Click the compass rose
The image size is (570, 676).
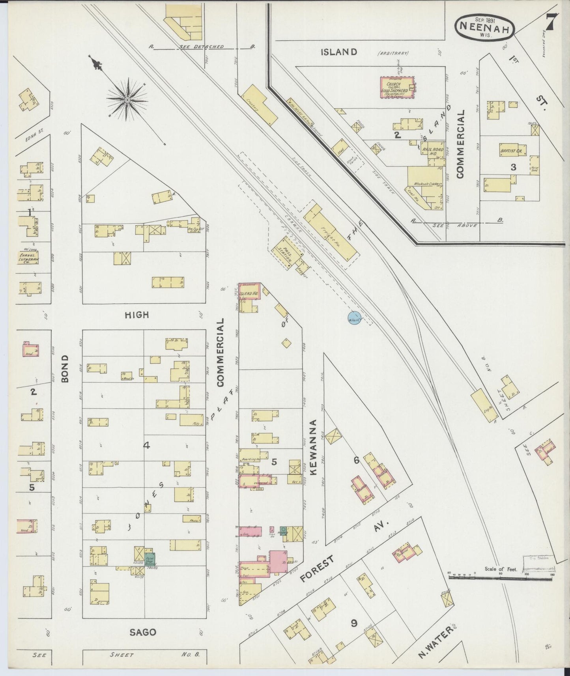click(x=127, y=101)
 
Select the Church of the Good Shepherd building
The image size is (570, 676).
click(x=398, y=87)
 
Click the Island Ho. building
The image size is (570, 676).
click(x=249, y=293)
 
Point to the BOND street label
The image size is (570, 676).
click(x=65, y=368)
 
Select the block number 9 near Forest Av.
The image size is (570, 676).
click(x=354, y=623)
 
